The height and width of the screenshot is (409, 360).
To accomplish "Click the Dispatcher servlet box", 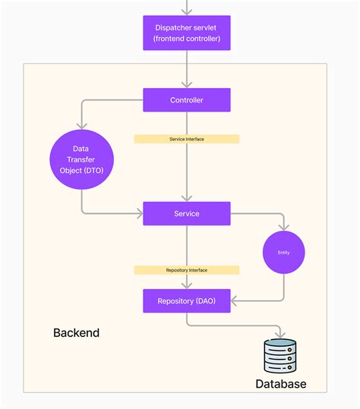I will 186,33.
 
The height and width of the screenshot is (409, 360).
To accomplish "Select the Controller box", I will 186,100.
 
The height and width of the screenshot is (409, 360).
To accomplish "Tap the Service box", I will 186,213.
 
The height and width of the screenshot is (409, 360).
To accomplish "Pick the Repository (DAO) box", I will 186,300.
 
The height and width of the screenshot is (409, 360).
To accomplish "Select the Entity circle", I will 284,252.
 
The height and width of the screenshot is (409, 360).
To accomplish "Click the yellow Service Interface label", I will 186,139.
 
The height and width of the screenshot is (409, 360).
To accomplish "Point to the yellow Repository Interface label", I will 186,269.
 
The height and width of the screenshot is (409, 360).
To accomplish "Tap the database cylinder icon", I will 280,355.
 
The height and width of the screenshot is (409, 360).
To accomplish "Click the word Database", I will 280,384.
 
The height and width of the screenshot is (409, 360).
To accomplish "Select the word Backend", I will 76,332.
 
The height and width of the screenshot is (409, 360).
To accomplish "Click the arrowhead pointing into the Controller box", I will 186,85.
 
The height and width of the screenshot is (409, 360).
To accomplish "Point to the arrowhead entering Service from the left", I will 139,213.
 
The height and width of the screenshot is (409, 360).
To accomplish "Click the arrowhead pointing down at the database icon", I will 280,335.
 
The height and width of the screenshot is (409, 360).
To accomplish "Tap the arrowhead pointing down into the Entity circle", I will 284,227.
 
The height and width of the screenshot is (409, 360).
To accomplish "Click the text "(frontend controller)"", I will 186,38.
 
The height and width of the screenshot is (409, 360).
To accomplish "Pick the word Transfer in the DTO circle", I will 81,159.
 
